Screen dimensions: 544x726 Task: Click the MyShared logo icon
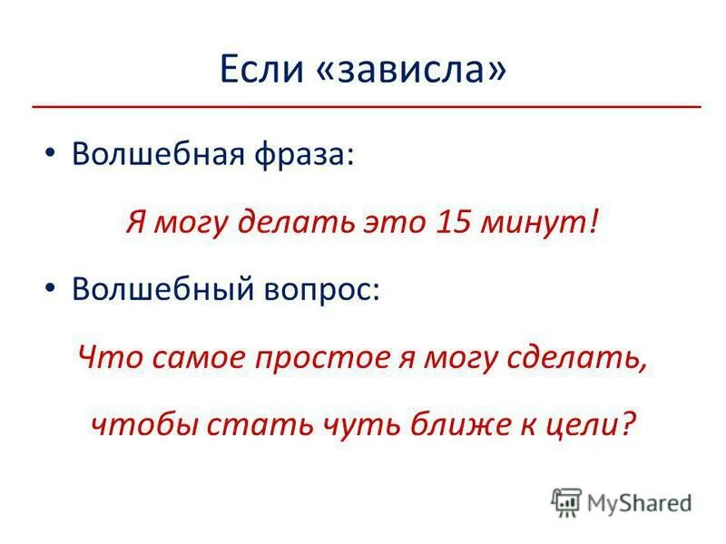point(566,500)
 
